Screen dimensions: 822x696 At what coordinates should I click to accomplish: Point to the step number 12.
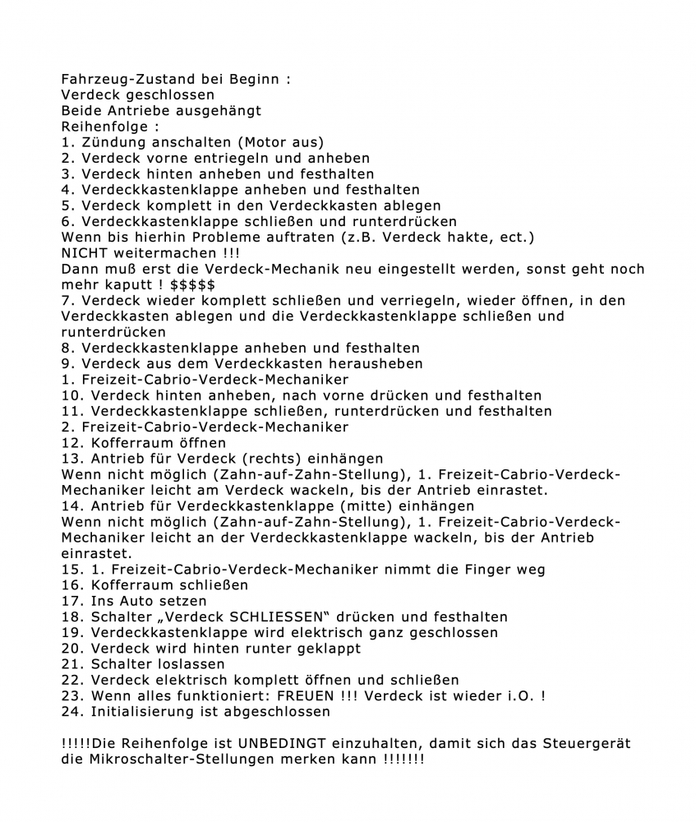point(71,442)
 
